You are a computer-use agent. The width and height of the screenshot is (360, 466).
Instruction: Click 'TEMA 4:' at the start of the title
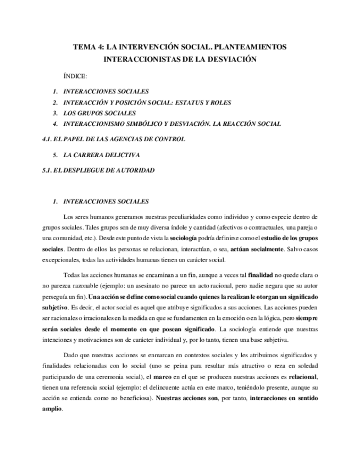pos(88,47)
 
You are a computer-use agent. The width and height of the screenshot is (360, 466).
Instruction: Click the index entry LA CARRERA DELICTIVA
pos(102,155)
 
